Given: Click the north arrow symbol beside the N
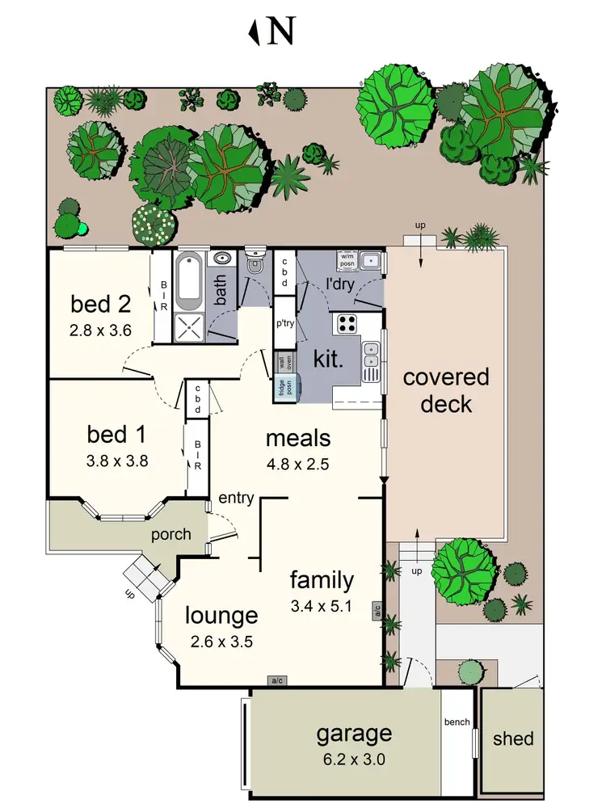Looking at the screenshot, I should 256,32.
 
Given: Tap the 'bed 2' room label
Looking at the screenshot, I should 101,305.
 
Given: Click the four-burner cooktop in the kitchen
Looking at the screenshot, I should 347,323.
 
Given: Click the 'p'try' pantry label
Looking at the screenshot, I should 284,322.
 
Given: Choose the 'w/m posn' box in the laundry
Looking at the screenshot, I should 347,260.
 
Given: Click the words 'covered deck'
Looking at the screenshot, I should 446,390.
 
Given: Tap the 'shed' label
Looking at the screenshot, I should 513,739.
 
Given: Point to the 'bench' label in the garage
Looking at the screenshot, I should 457,722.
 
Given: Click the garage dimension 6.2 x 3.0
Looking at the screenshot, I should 354,760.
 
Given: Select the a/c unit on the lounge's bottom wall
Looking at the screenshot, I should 276,680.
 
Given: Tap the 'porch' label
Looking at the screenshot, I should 171,534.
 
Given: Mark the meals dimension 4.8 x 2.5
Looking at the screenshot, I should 298,465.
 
